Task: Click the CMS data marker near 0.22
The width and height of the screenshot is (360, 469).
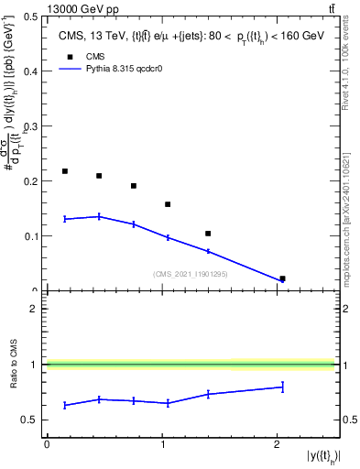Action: [65, 171]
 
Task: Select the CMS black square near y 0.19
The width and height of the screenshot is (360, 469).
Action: [134, 186]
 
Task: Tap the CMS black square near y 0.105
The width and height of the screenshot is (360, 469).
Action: [208, 234]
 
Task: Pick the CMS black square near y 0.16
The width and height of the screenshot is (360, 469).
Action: [168, 204]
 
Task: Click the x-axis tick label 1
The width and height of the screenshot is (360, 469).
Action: [162, 444]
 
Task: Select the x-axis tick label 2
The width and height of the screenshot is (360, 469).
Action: [278, 444]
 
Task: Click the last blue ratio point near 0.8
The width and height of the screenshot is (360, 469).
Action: [282, 387]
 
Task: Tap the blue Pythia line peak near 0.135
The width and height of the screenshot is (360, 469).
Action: [100, 216]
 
